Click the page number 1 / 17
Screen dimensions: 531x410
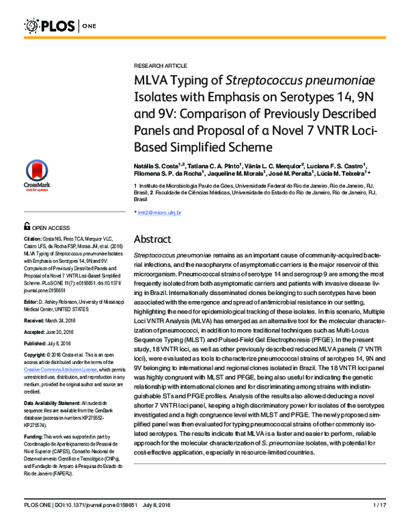pyautogui.click(x=380, y=523)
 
